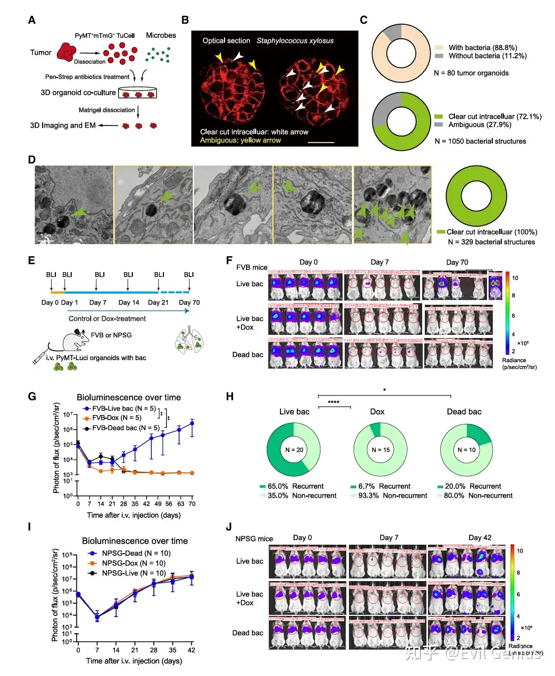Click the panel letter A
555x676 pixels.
tap(32, 20)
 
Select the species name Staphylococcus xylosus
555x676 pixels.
tap(295, 41)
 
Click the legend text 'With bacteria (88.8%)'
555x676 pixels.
tap(482, 47)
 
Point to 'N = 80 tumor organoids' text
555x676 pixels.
tap(471, 73)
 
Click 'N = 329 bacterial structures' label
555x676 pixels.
tap(491, 242)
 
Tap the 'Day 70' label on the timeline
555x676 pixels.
tap(189, 302)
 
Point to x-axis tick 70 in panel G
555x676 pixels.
tap(192, 504)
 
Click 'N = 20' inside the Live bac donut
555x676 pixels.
tap(294, 450)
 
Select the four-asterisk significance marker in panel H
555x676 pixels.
tap(334, 402)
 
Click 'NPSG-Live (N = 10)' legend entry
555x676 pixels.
tap(133, 573)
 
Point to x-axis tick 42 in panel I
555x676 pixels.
tap(191, 650)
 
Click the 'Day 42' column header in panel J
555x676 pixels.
tap(480, 537)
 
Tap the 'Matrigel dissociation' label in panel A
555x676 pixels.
tap(107, 110)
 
